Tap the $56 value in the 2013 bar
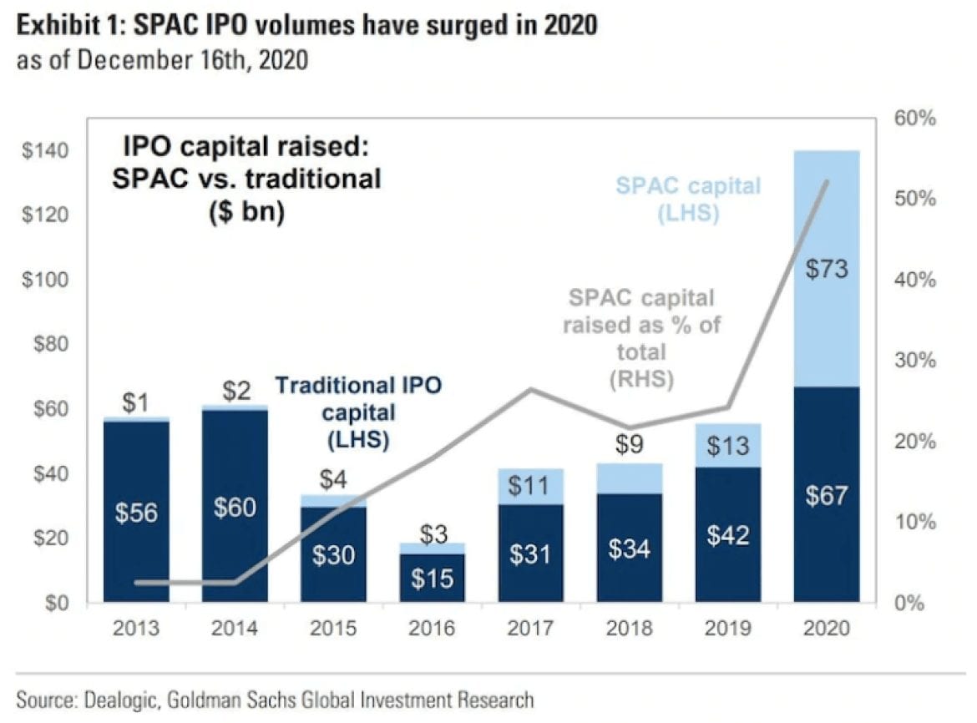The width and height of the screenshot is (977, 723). pos(135,513)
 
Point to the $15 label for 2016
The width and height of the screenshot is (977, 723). pos(432,579)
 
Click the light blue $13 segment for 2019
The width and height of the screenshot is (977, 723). pos(728,446)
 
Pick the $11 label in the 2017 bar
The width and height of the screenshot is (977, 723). pos(530,485)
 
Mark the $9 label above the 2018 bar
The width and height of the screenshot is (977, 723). pos(630,445)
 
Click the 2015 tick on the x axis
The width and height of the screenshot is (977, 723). pos(333,628)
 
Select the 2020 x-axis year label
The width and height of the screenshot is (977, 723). pos(826,628)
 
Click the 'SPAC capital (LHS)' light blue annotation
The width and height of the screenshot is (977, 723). pos(688,198)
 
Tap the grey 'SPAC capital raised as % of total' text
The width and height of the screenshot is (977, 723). pos(641,338)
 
